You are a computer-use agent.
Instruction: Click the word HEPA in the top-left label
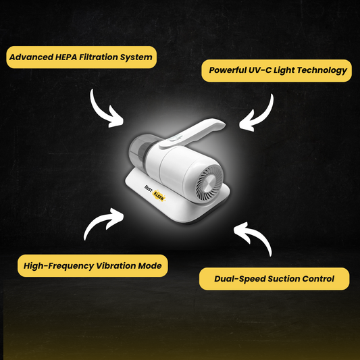click(66, 57)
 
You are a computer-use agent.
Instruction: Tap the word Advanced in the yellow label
click(31, 57)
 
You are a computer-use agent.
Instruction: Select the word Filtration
click(98, 57)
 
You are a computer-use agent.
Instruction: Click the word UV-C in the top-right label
click(260, 70)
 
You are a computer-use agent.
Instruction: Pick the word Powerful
click(228, 70)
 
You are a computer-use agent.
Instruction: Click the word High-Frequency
click(59, 266)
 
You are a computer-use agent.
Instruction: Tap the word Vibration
click(116, 265)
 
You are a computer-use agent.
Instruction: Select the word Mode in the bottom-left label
click(150, 265)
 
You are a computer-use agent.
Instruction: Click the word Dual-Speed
click(240, 279)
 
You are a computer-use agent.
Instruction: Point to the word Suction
click(284, 279)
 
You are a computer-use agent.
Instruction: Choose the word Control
click(318, 279)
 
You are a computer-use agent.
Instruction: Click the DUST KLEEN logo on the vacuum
click(155, 193)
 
